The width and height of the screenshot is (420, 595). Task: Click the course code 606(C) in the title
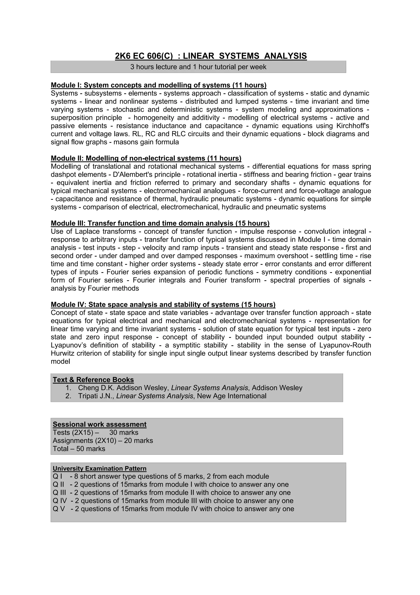(160, 56)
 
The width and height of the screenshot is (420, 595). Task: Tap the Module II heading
(146, 158)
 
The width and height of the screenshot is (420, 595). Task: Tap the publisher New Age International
(232, 396)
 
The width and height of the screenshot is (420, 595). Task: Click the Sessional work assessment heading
(99, 424)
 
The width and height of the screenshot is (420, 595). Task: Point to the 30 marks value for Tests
(124, 433)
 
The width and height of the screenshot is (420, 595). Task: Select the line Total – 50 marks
(79, 449)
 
